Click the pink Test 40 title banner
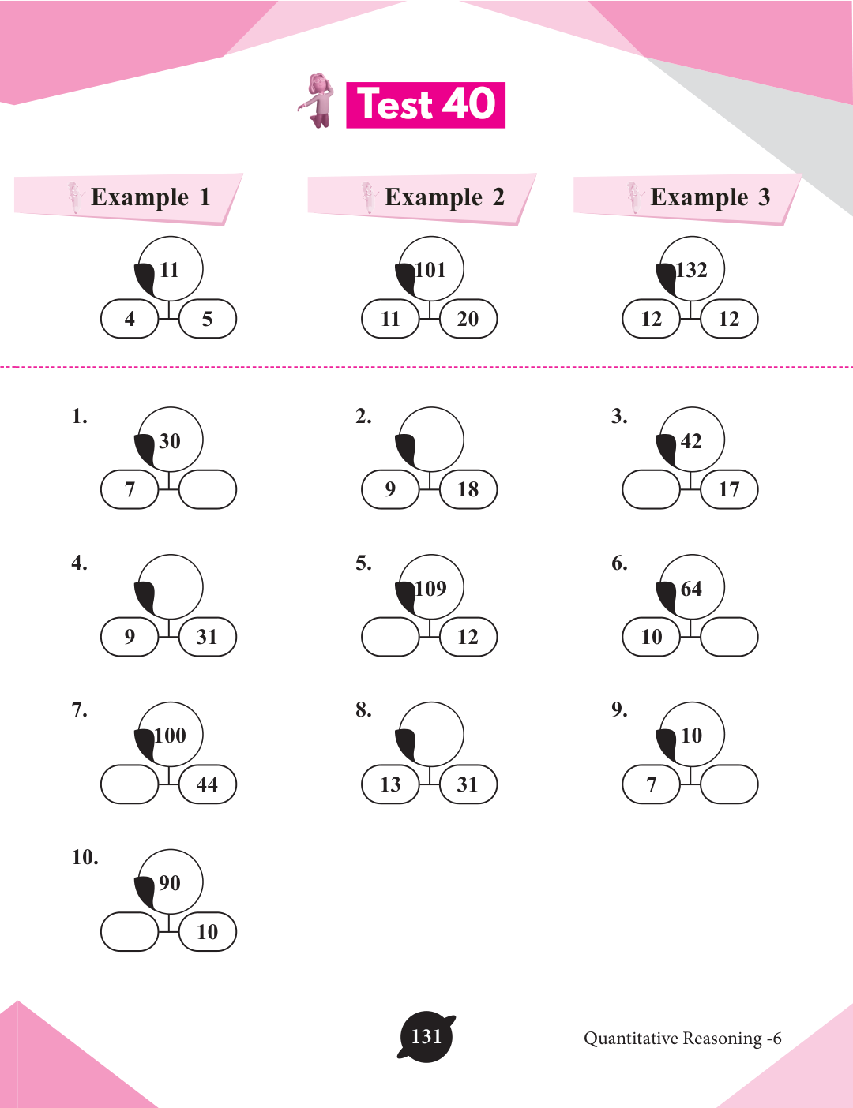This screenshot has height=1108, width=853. click(426, 105)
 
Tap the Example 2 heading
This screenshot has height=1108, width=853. click(444, 197)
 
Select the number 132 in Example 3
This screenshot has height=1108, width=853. click(692, 270)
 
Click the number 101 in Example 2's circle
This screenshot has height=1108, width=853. click(431, 270)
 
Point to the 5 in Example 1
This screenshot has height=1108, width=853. click(207, 319)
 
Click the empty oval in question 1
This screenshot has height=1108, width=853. click(208, 489)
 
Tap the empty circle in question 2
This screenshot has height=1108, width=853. click(433, 439)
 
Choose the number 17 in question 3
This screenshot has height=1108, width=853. click(729, 489)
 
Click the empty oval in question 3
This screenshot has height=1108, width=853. click(651, 489)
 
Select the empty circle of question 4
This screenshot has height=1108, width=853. click(172, 586)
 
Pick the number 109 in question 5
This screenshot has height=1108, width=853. click(431, 589)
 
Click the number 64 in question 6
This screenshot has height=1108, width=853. click(691, 589)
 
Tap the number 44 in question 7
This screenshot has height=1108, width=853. click(207, 784)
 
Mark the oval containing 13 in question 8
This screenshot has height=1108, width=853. click(390, 784)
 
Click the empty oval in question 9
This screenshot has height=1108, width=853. click(729, 784)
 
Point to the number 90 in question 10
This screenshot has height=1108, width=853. click(170, 883)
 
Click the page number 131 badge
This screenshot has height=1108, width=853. click(426, 1037)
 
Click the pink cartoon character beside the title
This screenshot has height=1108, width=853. click(319, 100)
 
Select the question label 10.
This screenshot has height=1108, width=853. click(85, 858)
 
